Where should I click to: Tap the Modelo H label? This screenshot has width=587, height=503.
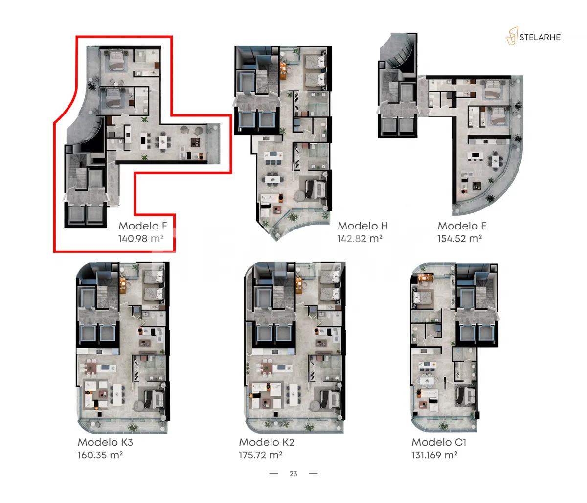tap(362, 226)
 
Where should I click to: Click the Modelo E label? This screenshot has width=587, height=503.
tap(462, 226)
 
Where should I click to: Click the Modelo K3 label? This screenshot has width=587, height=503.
tap(105, 442)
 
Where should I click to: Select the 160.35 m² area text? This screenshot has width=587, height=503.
tap(100, 455)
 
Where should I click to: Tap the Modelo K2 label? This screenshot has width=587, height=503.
tap(267, 442)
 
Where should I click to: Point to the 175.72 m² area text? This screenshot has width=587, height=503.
tap(261, 455)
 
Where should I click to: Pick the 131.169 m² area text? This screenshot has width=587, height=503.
tap(434, 455)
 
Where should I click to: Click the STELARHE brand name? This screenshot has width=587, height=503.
tap(541, 37)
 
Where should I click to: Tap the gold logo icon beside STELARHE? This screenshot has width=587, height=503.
tap(512, 36)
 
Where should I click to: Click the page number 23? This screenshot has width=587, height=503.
tap(293, 474)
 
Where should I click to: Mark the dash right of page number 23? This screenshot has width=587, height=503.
tap(314, 474)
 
